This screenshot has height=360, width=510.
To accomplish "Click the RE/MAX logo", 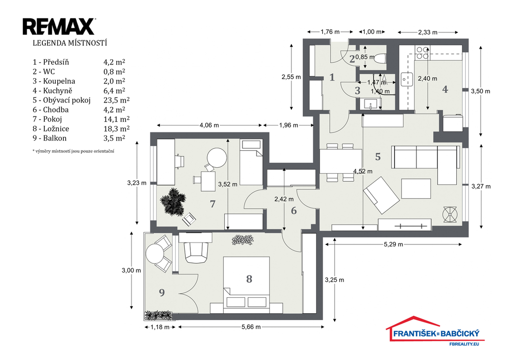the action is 59,27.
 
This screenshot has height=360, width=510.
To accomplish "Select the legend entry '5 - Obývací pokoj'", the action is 61,100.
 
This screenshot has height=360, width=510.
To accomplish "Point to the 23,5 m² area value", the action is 117,100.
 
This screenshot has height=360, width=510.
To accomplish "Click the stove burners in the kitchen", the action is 422,53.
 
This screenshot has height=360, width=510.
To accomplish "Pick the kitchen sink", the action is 406,79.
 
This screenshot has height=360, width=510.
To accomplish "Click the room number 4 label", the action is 445,89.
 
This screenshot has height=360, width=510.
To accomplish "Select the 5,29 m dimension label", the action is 393,244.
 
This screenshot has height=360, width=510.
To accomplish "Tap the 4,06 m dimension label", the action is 209,125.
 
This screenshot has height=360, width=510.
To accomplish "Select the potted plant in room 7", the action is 173,202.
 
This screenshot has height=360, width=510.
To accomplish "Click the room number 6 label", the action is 294,211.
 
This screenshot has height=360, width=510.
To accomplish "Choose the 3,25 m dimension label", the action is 334,280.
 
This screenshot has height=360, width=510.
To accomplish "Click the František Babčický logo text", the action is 436,333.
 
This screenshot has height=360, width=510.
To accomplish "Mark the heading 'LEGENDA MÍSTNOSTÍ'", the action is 70,43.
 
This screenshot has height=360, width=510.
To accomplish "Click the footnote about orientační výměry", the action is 73,151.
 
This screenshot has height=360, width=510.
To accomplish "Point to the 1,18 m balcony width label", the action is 160,327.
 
